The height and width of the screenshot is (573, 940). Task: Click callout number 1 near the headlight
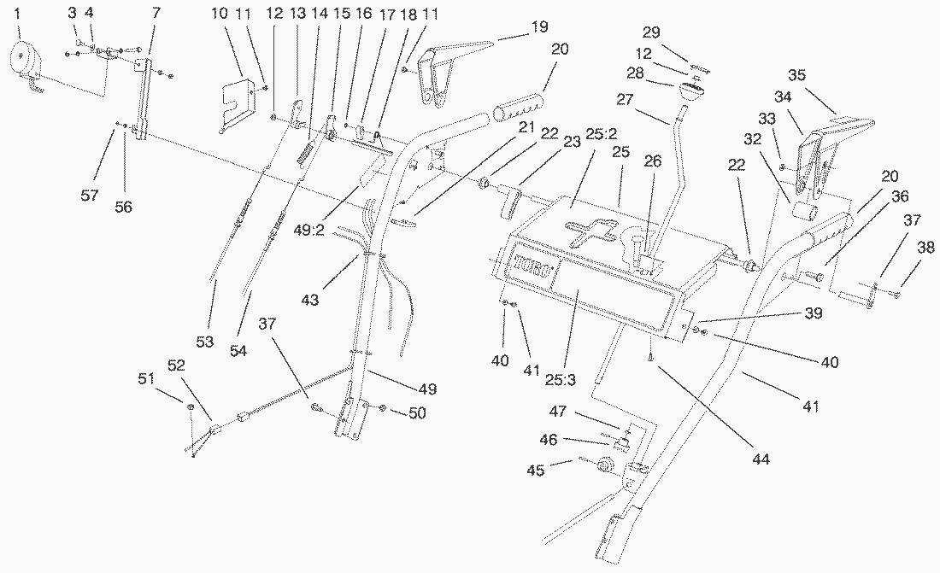[x=18, y=15]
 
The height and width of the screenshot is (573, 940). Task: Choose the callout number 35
[x=796, y=74]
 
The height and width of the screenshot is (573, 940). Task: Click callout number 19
[x=538, y=26]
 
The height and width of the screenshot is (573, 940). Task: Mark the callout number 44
[x=761, y=459]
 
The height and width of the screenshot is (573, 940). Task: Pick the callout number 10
[x=218, y=15]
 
